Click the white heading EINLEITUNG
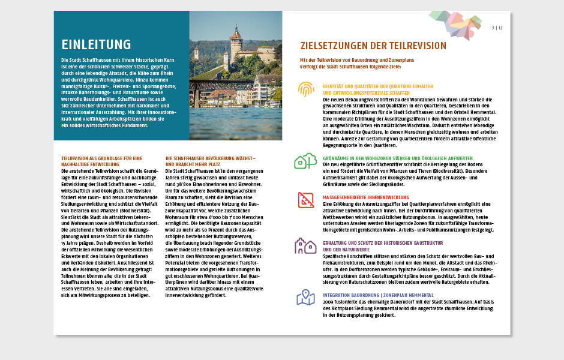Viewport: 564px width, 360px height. coord(96,44)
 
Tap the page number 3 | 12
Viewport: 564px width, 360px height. coord(497,27)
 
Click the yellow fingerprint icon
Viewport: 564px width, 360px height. coord(306,89)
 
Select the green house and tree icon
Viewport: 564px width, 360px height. coord(305,160)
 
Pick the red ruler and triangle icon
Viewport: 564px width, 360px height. coord(306,199)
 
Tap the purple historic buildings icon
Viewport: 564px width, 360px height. coord(305,245)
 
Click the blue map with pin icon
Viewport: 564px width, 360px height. coord(305,297)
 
